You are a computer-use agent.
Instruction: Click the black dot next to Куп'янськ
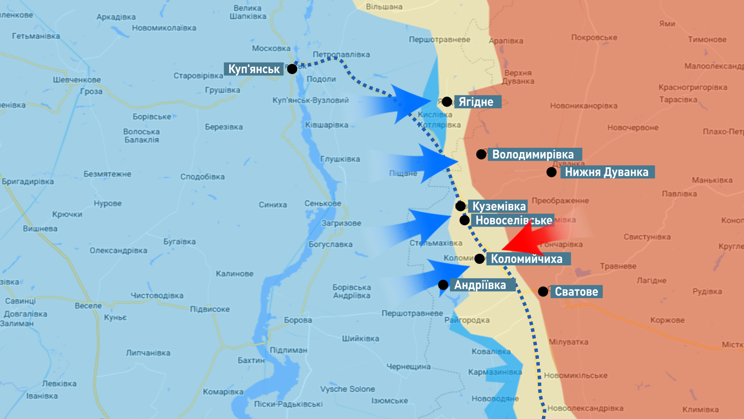(x=292, y=69)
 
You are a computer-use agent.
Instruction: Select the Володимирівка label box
(x=534, y=154)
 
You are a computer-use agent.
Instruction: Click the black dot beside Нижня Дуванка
(x=551, y=172)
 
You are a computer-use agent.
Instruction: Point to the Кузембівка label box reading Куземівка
(x=499, y=206)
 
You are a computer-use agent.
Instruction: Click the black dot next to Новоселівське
(x=464, y=220)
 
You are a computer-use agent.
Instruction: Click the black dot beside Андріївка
(x=443, y=285)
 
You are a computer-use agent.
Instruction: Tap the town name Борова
(x=298, y=320)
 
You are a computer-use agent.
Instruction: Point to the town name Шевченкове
(x=77, y=80)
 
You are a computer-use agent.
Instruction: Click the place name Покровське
(x=594, y=38)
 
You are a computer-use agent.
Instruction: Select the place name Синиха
(x=273, y=205)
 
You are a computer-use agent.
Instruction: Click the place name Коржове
(x=667, y=320)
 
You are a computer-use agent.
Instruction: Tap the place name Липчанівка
(x=148, y=353)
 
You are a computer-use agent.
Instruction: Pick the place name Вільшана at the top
(x=384, y=7)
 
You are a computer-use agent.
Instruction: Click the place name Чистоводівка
(x=157, y=296)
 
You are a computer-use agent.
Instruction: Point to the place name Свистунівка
(x=647, y=237)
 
